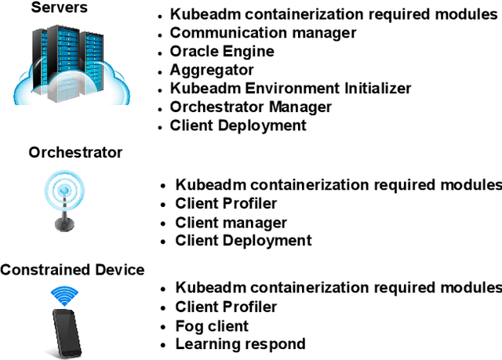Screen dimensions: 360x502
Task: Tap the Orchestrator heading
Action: click(75, 151)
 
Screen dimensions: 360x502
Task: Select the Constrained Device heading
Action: click(72, 270)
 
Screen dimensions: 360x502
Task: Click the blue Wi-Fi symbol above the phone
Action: click(66, 296)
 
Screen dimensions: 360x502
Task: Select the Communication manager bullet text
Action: click(263, 33)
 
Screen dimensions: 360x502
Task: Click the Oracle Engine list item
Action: click(222, 51)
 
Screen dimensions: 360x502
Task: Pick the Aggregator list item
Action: click(212, 70)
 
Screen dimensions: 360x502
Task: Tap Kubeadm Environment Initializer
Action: click(290, 88)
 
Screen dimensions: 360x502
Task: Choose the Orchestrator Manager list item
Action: click(250, 107)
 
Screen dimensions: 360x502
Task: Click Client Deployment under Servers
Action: click(238, 125)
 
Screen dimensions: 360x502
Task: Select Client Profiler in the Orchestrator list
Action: click(226, 204)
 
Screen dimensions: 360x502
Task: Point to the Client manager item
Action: click(231, 223)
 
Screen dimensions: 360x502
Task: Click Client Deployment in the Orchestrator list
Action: click(243, 241)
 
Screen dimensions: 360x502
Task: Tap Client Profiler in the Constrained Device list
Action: click(226, 307)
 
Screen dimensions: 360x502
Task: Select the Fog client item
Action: click(212, 325)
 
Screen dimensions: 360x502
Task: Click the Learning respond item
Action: click(240, 344)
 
